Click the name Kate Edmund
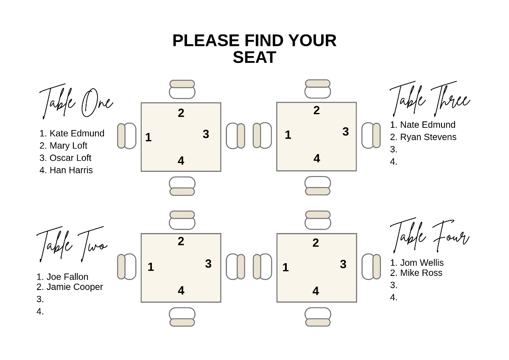76,133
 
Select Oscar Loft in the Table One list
70,158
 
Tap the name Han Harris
71,170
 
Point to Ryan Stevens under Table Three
428,137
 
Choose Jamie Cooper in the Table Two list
74,287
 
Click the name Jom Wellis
422,263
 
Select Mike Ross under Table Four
421,273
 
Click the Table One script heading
76,102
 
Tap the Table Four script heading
429,236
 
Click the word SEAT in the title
255,57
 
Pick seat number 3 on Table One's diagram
206,134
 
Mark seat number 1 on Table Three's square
288,135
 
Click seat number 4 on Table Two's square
181,291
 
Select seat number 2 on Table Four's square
316,243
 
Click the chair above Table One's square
182,89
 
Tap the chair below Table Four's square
318,317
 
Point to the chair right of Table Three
371,135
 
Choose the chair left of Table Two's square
126,267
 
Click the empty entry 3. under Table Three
394,149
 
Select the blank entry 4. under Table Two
40,312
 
